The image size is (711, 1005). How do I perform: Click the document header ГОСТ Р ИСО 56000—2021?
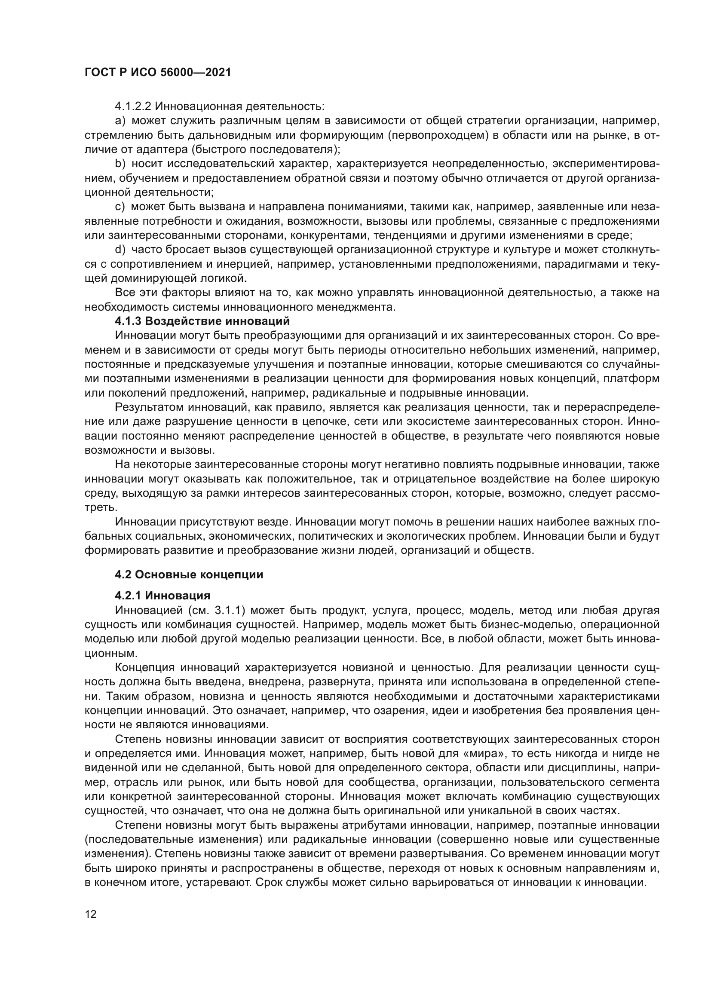click(x=158, y=73)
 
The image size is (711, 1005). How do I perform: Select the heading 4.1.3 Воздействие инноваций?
click(x=202, y=321)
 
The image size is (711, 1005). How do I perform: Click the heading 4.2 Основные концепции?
click(x=189, y=575)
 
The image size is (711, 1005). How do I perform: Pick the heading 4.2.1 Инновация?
click(x=162, y=596)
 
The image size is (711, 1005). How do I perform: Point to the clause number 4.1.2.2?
click(x=133, y=107)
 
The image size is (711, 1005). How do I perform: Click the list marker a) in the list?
click(x=120, y=121)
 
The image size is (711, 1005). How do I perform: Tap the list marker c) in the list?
click(x=120, y=207)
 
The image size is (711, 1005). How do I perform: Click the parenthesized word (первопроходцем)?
click(x=438, y=135)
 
